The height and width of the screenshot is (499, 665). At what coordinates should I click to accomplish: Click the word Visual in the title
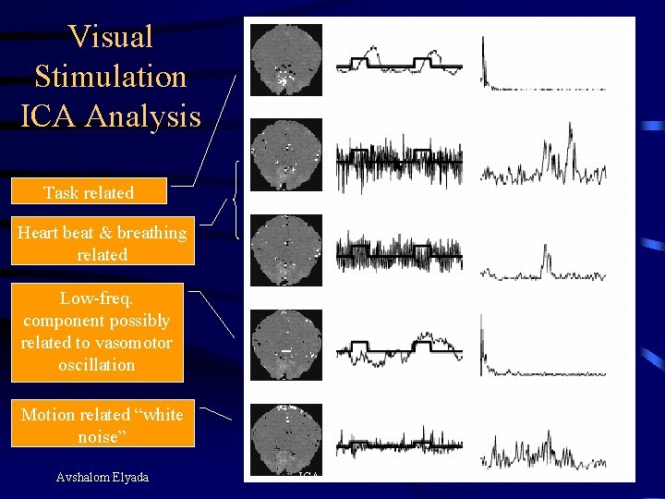pyautogui.click(x=111, y=37)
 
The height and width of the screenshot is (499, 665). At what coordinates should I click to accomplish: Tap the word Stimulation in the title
pyautogui.click(x=110, y=77)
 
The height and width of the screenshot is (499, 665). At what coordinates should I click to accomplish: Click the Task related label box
pyautogui.click(x=89, y=192)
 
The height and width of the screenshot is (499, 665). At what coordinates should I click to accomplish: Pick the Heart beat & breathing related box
pyautogui.click(x=102, y=243)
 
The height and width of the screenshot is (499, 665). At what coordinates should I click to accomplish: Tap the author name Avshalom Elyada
pyautogui.click(x=102, y=477)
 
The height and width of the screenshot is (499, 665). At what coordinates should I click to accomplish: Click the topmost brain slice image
pyautogui.click(x=286, y=59)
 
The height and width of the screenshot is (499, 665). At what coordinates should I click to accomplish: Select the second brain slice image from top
pyautogui.click(x=286, y=154)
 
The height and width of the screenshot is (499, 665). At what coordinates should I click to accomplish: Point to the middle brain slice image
pyautogui.click(x=286, y=249)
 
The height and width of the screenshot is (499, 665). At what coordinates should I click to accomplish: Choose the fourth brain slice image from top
pyautogui.click(x=286, y=344)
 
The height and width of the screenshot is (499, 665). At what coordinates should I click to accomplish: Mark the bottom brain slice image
pyautogui.click(x=286, y=438)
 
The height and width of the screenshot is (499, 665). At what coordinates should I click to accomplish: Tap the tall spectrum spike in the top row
pyautogui.click(x=484, y=55)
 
